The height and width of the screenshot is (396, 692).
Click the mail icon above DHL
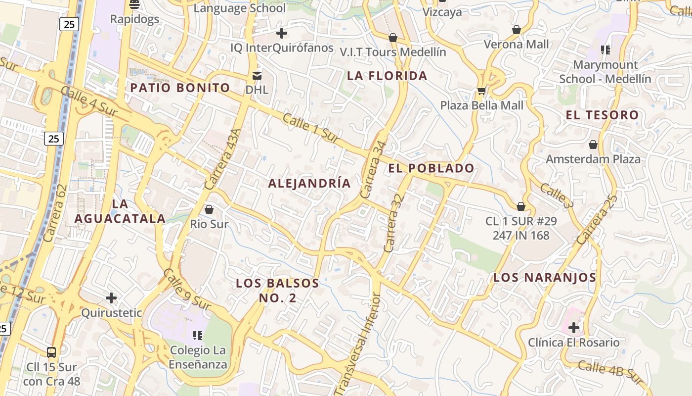point(257,75)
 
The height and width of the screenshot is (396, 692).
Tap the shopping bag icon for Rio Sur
point(209,209)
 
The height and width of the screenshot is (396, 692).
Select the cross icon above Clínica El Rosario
point(573,327)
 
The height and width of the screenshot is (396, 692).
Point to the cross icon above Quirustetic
point(111,298)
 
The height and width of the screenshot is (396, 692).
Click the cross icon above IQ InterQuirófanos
point(282,33)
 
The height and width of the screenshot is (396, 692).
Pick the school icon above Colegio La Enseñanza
point(198,336)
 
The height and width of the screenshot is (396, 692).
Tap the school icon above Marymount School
point(605,49)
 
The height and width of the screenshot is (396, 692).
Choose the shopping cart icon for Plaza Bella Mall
point(481,91)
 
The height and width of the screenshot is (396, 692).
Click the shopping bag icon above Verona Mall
point(517,30)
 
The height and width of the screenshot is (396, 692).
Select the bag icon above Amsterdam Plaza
point(593,145)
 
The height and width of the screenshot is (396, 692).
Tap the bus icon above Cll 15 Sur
point(51,352)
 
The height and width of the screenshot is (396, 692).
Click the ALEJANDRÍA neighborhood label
point(309,183)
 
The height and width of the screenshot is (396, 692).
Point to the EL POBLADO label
point(431,168)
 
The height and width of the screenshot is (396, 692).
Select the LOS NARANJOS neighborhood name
point(545,277)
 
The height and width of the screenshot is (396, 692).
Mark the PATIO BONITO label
point(180,88)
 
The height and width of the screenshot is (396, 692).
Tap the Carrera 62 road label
point(54,213)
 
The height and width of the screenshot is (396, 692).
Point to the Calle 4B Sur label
point(611,372)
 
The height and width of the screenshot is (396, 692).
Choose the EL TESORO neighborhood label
point(602,115)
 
